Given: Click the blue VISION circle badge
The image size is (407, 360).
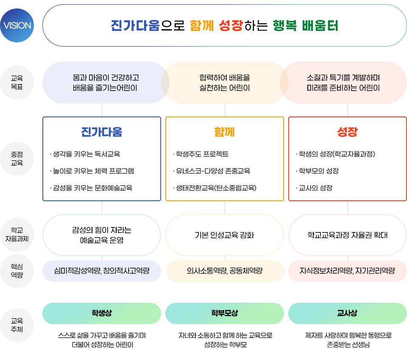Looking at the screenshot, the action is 17,25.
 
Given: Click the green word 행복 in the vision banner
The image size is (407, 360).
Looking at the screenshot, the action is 285,26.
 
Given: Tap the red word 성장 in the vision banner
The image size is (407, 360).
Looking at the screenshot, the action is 231,26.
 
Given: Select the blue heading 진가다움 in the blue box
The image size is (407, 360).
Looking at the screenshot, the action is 102,132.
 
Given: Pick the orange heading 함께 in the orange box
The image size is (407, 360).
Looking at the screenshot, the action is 225,132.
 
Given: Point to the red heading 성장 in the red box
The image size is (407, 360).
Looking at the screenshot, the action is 347,132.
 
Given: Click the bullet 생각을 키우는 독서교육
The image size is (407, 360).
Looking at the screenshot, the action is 85,154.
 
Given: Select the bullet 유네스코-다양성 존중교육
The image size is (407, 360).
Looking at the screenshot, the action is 212,171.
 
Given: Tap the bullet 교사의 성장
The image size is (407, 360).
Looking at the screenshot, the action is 314,188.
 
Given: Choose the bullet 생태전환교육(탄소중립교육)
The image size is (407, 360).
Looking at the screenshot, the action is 215,188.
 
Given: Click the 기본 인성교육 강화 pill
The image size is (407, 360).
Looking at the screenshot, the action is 225,235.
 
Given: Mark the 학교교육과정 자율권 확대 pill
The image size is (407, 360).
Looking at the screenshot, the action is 348,235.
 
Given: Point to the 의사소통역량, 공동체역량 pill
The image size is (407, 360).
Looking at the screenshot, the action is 225,271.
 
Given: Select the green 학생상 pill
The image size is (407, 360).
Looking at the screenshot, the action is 102,313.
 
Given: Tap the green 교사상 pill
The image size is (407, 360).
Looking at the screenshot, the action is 348,313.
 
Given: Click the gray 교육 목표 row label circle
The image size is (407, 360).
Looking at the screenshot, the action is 17,83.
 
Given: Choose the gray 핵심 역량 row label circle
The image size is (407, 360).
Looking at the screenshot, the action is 17,271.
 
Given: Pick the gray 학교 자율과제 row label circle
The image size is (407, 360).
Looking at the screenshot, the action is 17,235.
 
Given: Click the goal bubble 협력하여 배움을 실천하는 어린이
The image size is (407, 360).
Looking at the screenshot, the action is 225,83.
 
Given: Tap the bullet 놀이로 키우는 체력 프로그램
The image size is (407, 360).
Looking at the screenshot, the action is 92,171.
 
